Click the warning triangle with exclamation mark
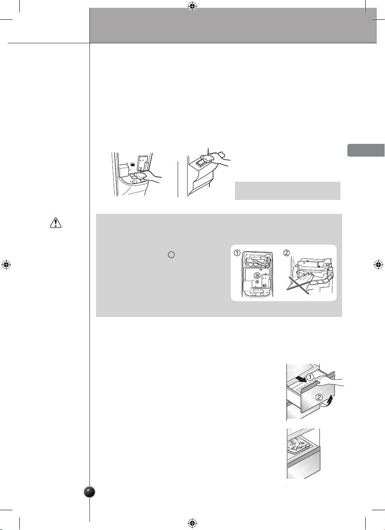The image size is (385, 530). pyautogui.click(x=56, y=223)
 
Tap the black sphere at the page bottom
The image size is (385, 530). pyautogui.click(x=90, y=492)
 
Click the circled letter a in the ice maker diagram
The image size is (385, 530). pyautogui.click(x=257, y=275)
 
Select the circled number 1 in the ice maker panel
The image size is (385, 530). pyautogui.click(x=237, y=253)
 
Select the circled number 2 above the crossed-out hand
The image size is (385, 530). pyautogui.click(x=286, y=253)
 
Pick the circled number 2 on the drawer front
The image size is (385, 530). pyautogui.click(x=319, y=397)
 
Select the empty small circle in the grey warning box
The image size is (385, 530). pyautogui.click(x=171, y=255)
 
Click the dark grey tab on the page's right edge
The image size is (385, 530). pyautogui.click(x=366, y=150)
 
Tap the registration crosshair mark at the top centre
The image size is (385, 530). pyautogui.click(x=192, y=7)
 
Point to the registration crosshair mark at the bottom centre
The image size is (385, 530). pyautogui.click(x=192, y=523)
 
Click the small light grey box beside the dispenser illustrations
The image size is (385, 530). pyautogui.click(x=287, y=191)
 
